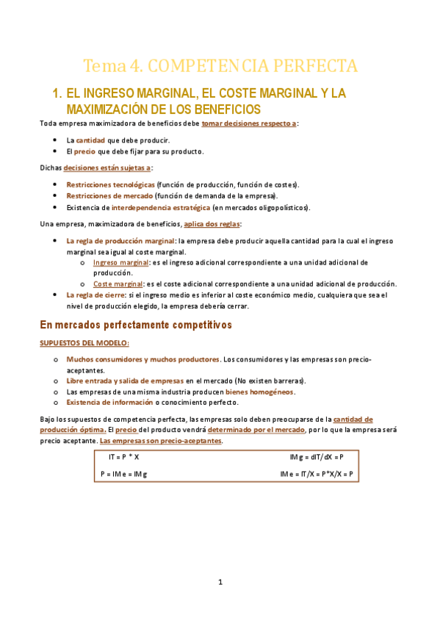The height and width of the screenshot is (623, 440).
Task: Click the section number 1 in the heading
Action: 57,94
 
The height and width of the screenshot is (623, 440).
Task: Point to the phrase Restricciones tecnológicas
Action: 110,184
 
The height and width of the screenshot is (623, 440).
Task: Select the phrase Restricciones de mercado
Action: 109,196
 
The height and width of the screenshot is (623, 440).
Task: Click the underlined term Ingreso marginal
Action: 120,262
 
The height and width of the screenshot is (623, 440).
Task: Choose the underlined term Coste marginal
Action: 118,284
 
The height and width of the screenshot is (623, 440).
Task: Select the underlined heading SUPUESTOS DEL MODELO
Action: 84,343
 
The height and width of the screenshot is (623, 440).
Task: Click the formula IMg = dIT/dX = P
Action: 317,457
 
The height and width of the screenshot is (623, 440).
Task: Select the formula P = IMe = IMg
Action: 123,474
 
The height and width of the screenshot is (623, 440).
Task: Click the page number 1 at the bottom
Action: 220,582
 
